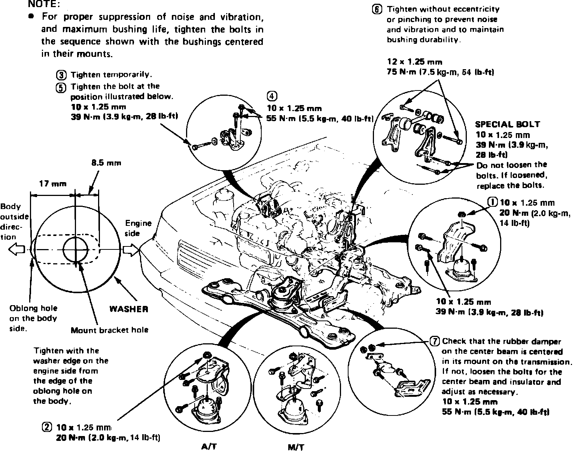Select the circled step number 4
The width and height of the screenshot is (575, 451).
click(272, 96)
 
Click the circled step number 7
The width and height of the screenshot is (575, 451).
click(434, 341)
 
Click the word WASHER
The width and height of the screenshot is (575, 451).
click(128, 309)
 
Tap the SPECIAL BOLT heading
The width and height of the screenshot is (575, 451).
click(507, 124)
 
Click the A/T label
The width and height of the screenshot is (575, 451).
click(209, 446)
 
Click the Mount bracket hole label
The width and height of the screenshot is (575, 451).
click(109, 330)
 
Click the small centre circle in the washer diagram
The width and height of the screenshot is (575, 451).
click(75, 249)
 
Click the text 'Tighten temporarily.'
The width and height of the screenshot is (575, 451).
click(111, 74)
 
